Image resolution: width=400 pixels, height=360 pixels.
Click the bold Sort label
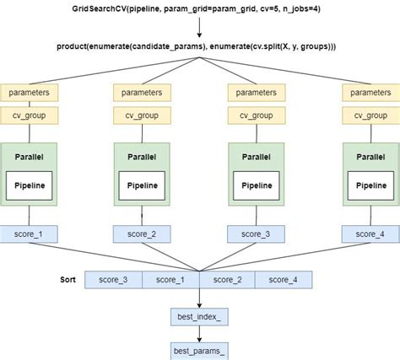[x=69, y=278]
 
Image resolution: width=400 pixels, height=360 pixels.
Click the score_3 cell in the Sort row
[x=113, y=280]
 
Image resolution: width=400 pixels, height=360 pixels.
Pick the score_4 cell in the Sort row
[x=284, y=280]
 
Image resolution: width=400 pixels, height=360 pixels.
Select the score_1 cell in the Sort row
[x=170, y=280]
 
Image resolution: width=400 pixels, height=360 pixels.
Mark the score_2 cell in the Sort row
[x=227, y=280]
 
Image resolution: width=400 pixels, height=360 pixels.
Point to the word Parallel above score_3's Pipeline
[x=257, y=155]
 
